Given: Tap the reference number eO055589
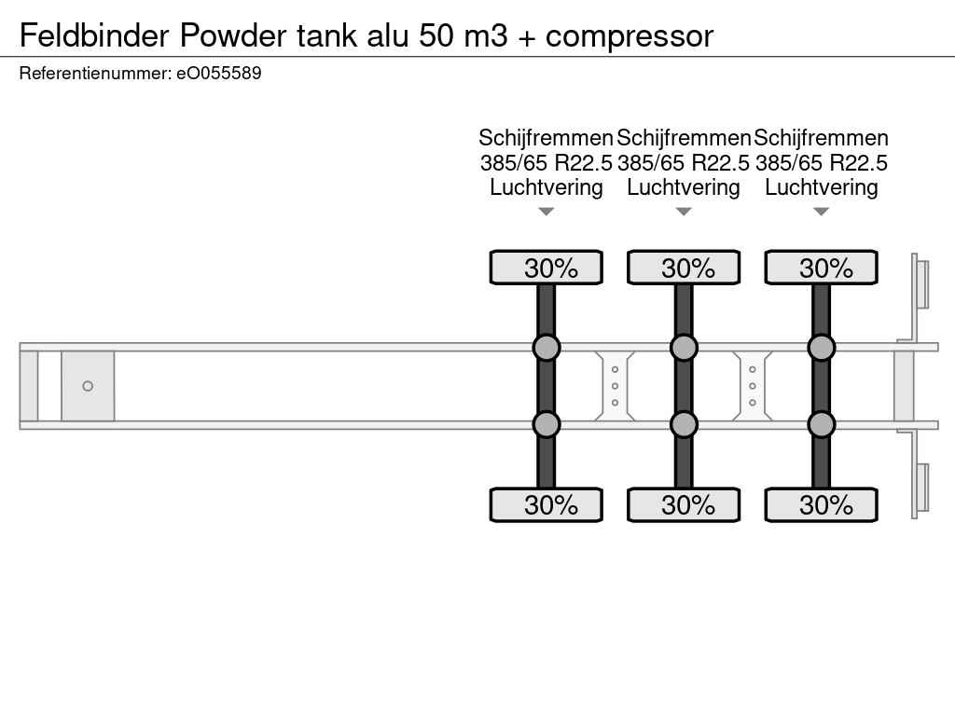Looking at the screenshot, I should pyautogui.click(x=219, y=73).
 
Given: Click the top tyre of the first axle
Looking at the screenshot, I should pyautogui.click(x=547, y=268).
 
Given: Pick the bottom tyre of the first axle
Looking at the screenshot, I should pyautogui.click(x=547, y=504).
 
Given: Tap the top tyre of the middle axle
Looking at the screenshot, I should pyautogui.click(x=684, y=268).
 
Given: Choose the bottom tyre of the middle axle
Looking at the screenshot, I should pyautogui.click(x=684, y=504).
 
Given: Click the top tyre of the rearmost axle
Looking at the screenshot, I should pyautogui.click(x=821, y=268).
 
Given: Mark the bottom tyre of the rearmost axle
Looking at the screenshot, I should pyautogui.click(x=821, y=504).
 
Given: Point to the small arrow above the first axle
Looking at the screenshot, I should pyautogui.click(x=547, y=212).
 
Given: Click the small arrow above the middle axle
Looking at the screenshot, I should pyautogui.click(x=684, y=212).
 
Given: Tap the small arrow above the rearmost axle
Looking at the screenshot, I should pyautogui.click(x=821, y=212).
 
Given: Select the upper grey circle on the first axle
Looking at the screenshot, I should pyautogui.click(x=547, y=348).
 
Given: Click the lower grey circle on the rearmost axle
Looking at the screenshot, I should pyautogui.click(x=821, y=424).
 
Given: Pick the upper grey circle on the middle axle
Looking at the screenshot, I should pyautogui.click(x=684, y=348).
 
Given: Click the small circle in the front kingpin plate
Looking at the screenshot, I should pyautogui.click(x=88, y=386).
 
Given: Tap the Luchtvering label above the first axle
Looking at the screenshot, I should pyautogui.click(x=547, y=187).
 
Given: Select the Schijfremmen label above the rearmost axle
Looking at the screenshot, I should pyautogui.click(x=821, y=138).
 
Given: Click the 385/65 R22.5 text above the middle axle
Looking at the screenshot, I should pyautogui.click(x=684, y=163).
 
